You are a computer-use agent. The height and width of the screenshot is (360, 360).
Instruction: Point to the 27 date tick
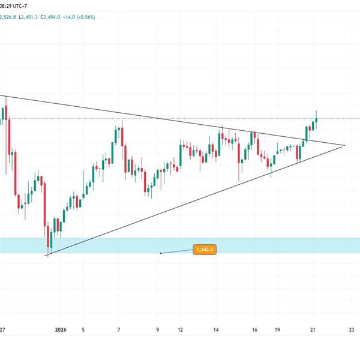[x=3, y=329]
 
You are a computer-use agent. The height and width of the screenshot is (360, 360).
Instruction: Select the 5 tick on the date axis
[x=83, y=329]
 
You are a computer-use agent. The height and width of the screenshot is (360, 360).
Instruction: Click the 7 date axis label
[x=119, y=329]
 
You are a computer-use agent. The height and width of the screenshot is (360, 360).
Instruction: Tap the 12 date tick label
[x=180, y=329]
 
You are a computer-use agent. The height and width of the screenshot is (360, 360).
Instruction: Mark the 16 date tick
[x=255, y=329]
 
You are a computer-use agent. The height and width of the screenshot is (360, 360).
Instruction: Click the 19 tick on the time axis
[x=278, y=329]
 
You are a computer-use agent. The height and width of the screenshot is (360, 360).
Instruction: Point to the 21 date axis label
[x=313, y=329]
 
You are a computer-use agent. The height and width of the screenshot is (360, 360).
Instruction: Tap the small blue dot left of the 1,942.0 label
[x=161, y=253]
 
